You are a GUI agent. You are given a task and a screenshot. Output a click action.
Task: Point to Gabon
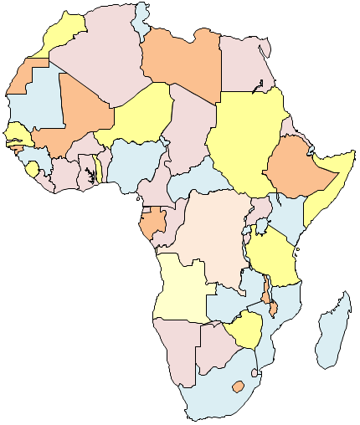(153, 223)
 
